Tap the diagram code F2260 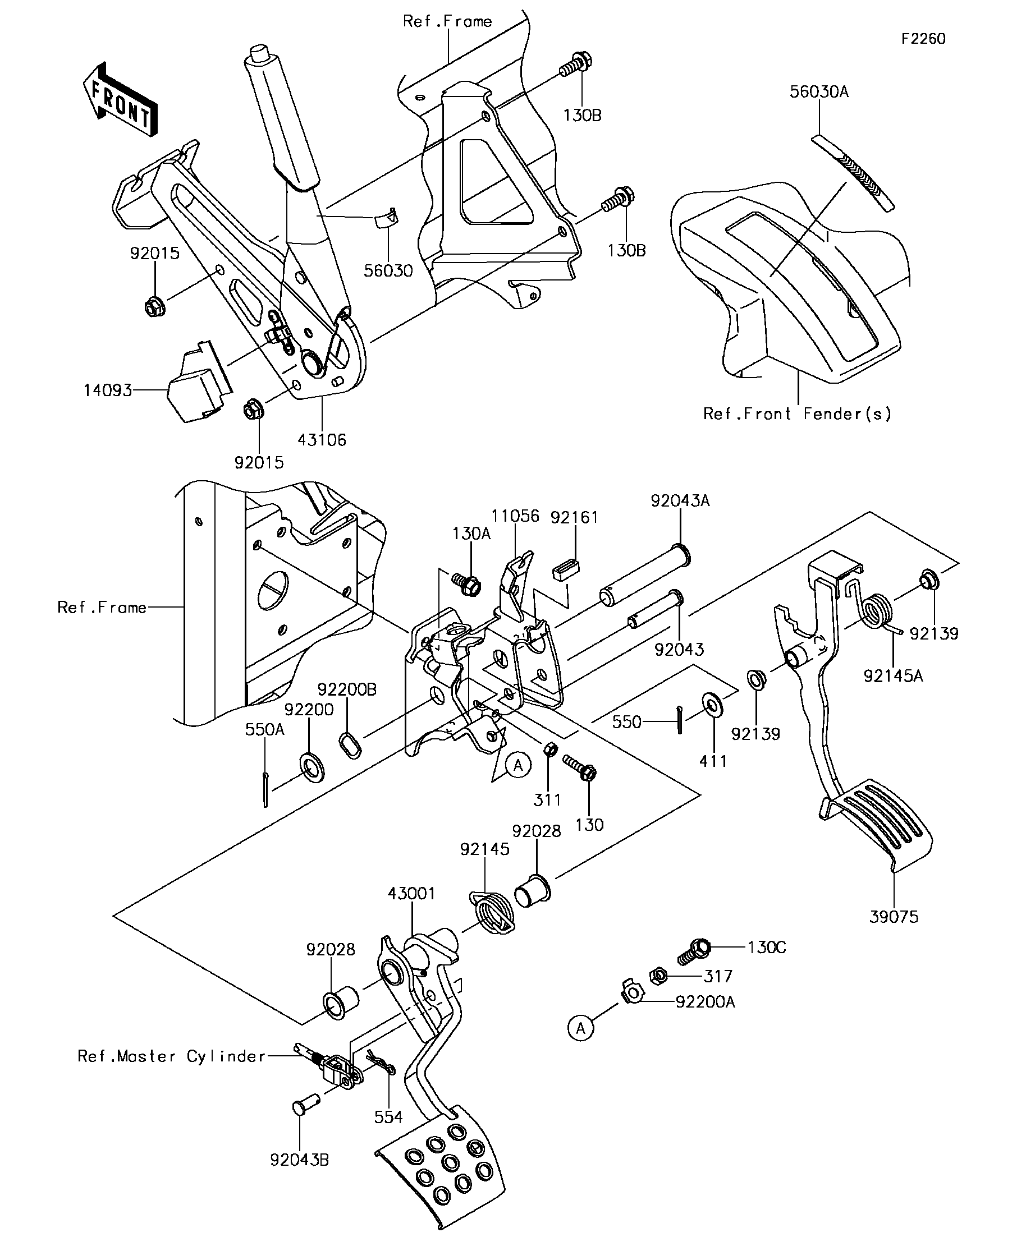[923, 39]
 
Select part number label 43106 [322, 440]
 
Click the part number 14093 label [108, 390]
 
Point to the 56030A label [819, 92]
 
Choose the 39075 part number [894, 917]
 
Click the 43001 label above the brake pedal [411, 894]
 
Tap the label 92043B [299, 1160]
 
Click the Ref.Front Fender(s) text [798, 414]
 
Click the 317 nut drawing [658, 976]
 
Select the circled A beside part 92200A [580, 1028]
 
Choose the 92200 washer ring [311, 766]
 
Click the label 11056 [516, 516]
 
